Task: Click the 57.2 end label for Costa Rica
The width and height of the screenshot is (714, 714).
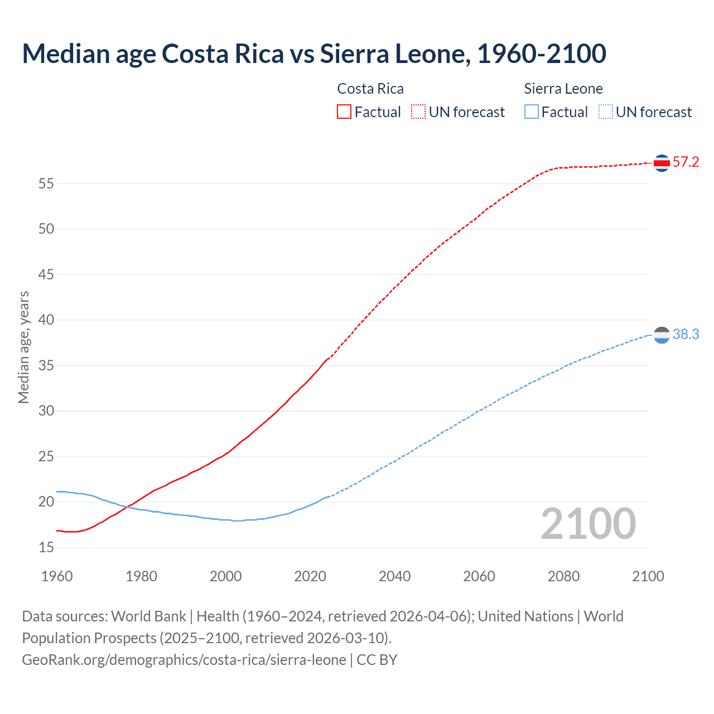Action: pyautogui.click(x=686, y=162)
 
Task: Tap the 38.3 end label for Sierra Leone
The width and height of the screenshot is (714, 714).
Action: pyautogui.click(x=686, y=334)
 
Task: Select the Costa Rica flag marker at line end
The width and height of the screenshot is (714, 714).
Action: pyautogui.click(x=662, y=163)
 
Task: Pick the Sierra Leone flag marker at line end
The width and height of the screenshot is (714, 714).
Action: pyautogui.click(x=662, y=335)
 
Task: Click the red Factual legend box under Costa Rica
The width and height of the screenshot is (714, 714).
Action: pyautogui.click(x=344, y=112)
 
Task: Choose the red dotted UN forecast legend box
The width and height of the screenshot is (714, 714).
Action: pyautogui.click(x=418, y=112)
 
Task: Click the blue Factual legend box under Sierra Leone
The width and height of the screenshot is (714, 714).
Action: pyautogui.click(x=532, y=112)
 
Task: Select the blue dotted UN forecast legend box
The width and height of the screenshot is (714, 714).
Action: pyautogui.click(x=605, y=112)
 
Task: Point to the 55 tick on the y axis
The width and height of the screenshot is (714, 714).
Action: pyautogui.click(x=46, y=184)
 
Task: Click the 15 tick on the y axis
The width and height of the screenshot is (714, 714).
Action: pyautogui.click(x=46, y=548)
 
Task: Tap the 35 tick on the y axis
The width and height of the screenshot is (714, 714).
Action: pyautogui.click(x=46, y=366)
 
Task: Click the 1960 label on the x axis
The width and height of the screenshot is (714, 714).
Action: pyautogui.click(x=57, y=576)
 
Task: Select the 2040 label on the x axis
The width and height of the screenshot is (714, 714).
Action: pyautogui.click(x=394, y=576)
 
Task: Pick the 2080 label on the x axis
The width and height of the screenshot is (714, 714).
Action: pyautogui.click(x=563, y=576)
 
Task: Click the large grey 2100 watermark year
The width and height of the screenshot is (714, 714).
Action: pyautogui.click(x=588, y=523)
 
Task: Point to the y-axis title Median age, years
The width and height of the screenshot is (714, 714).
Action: pyautogui.click(x=23, y=347)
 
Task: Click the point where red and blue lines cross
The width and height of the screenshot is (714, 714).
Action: pyautogui.click(x=127, y=506)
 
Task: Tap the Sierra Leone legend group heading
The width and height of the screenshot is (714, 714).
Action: pyautogui.click(x=563, y=89)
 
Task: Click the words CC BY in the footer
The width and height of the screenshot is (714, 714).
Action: pyautogui.click(x=377, y=660)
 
